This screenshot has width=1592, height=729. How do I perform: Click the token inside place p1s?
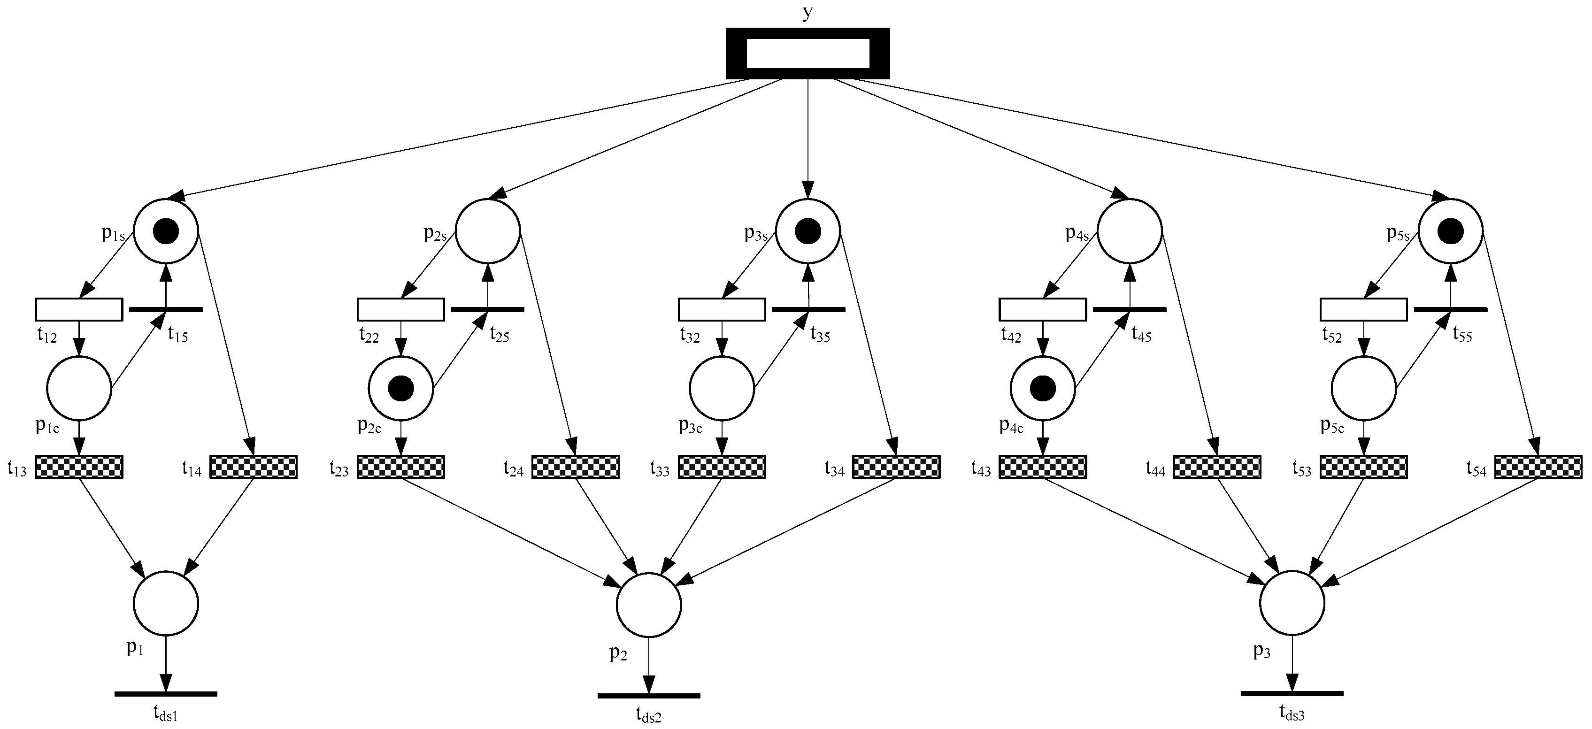point(166,232)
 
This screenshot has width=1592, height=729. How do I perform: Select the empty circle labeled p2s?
point(488,230)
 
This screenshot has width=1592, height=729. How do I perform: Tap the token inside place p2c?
point(400,388)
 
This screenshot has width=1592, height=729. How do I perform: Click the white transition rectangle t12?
point(78,309)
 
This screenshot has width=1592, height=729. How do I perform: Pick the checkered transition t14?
point(254,467)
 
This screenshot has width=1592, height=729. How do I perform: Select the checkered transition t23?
point(400,467)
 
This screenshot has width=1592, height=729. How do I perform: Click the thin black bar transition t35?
point(808,309)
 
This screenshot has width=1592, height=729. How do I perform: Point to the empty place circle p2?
point(648,604)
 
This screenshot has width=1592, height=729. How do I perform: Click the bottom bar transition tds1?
point(166,694)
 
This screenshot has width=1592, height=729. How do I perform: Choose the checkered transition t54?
point(1538,467)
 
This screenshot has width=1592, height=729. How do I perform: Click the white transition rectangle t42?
point(1043,309)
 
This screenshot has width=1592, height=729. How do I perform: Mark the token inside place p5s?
point(1450,232)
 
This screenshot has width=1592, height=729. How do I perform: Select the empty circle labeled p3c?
point(722,389)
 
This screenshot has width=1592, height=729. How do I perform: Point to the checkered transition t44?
point(1217,467)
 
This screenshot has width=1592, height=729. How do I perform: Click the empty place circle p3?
point(1292,602)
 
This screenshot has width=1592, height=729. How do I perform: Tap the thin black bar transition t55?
point(1451,309)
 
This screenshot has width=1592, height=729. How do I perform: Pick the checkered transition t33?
point(722,467)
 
